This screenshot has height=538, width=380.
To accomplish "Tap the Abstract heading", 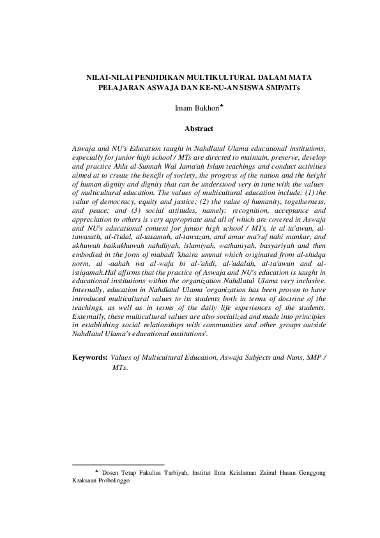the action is [199, 129].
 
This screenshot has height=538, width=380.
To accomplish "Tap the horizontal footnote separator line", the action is [119, 465].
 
